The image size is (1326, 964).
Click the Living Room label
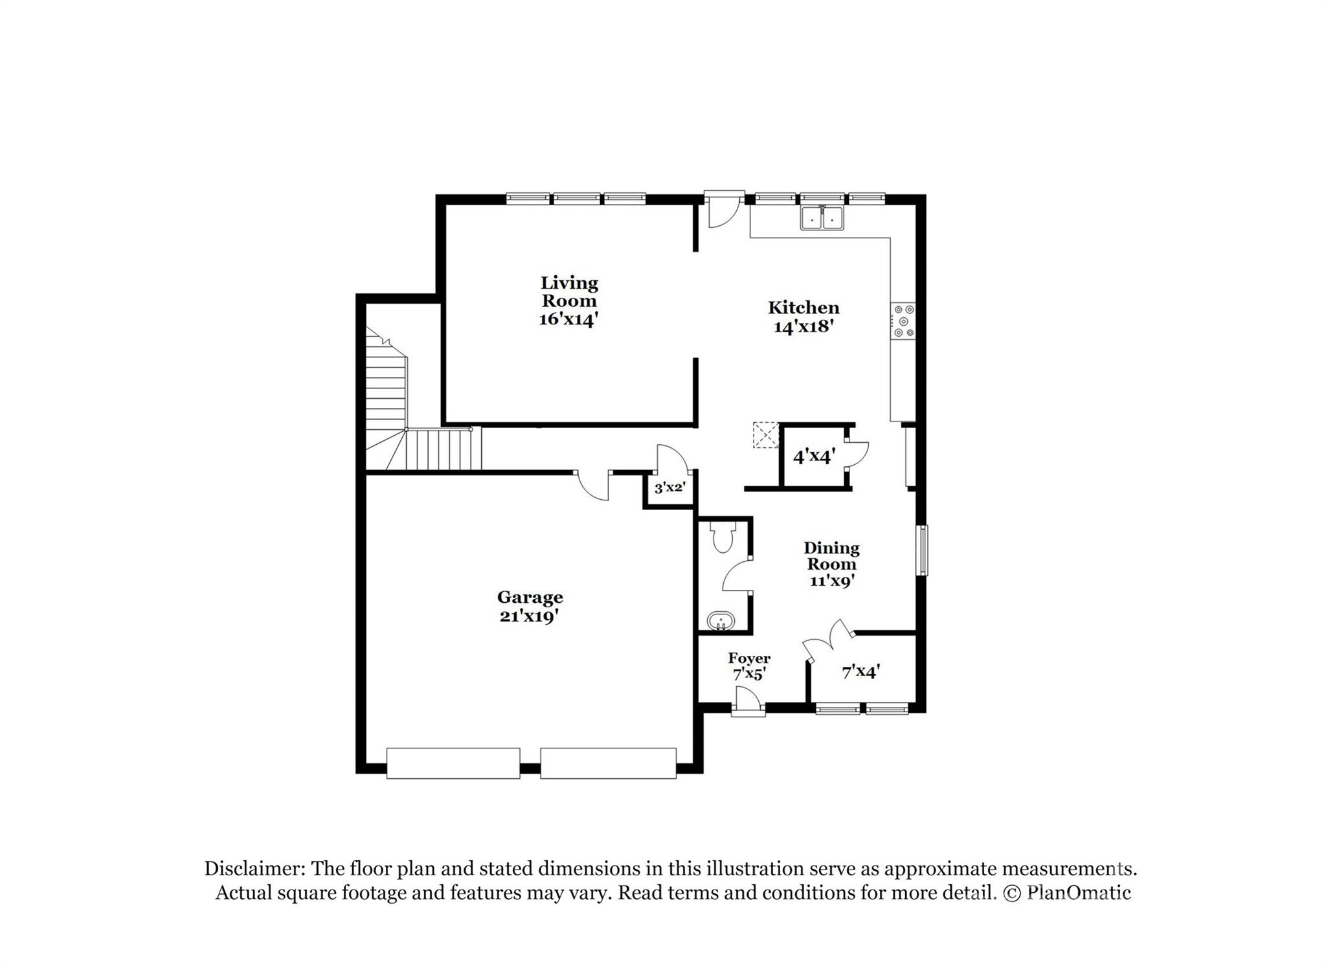pyautogui.click(x=569, y=291)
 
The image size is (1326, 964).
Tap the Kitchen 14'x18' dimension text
pyautogui.click(x=803, y=326)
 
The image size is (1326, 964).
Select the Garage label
pyautogui.click(x=530, y=598)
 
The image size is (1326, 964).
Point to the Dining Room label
pyautogui.click(x=831, y=556)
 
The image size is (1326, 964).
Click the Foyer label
pyautogui.click(x=749, y=658)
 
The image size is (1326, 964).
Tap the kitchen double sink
pyautogui.click(x=822, y=218)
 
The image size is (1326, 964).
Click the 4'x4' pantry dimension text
pyautogui.click(x=814, y=457)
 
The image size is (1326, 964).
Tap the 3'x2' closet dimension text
pyautogui.click(x=669, y=488)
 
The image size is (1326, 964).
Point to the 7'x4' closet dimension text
pyautogui.click(x=860, y=672)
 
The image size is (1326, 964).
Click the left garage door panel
pyautogui.click(x=453, y=763)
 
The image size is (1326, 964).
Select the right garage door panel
pyautogui.click(x=609, y=763)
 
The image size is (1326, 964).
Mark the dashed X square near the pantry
pyautogui.click(x=765, y=435)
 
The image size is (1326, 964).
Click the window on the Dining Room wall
pyautogui.click(x=922, y=550)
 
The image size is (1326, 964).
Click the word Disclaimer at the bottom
pyautogui.click(x=254, y=868)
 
